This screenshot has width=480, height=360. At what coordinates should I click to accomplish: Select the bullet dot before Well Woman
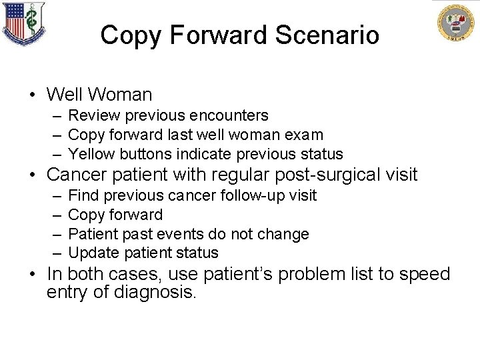(32, 96)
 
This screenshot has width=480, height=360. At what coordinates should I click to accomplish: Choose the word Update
(93, 253)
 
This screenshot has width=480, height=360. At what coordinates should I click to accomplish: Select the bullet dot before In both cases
(32, 274)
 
